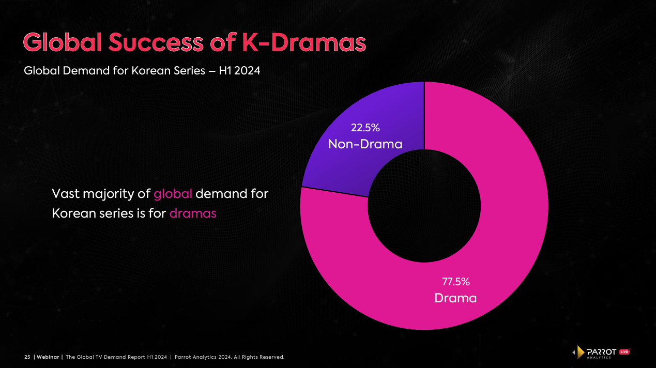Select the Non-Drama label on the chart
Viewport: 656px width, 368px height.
(365, 144)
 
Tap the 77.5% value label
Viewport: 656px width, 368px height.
(455, 282)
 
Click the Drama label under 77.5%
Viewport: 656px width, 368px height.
(455, 298)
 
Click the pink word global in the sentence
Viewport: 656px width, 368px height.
(173, 194)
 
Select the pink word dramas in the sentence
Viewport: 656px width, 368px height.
(192, 213)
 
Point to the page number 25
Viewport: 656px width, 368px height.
(27, 357)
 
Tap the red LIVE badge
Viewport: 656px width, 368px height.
(624, 352)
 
